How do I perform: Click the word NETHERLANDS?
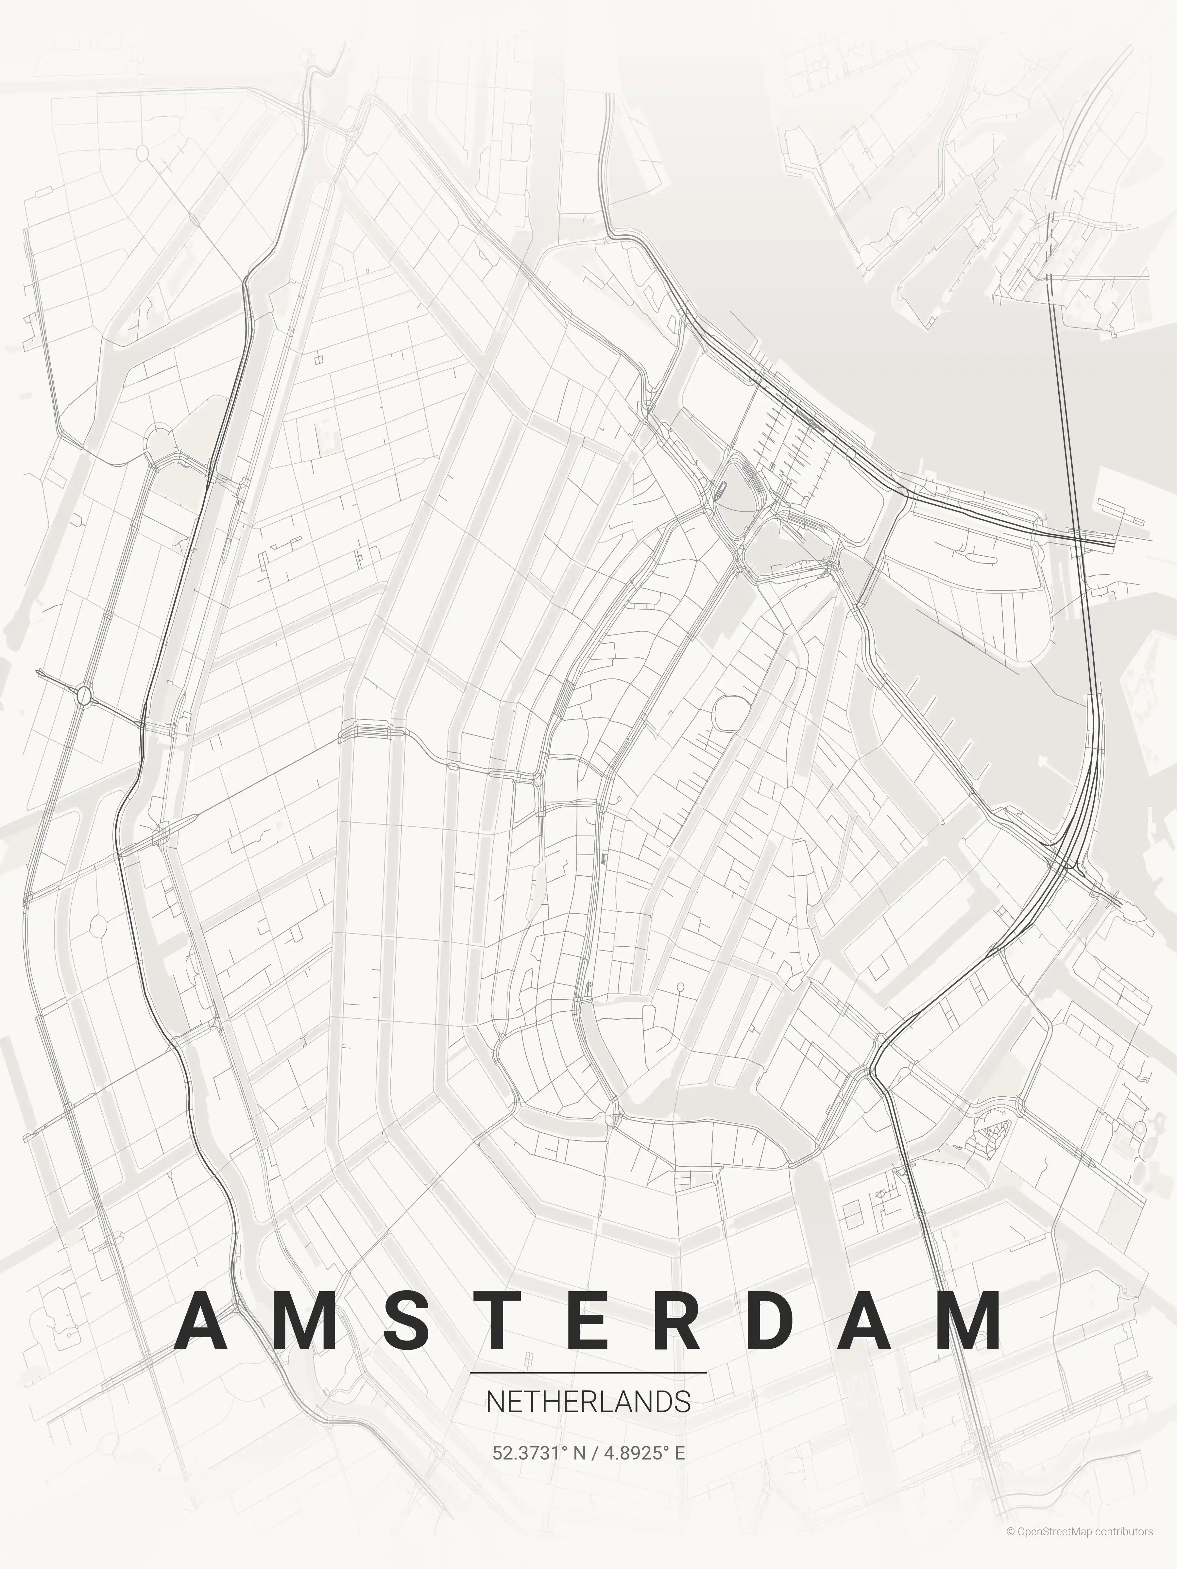pyautogui.click(x=588, y=1402)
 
